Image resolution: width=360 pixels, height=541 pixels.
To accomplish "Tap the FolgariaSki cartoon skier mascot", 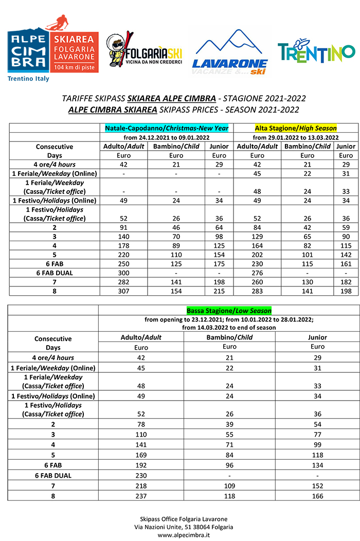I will point(118,50).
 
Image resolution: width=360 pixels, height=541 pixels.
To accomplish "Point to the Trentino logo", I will point(316,52).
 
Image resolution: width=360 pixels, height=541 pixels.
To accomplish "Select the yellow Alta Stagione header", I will point(295,128).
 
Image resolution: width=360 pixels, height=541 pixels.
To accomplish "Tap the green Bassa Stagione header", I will point(229,311).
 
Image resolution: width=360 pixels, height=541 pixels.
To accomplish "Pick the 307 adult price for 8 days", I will point(124,291).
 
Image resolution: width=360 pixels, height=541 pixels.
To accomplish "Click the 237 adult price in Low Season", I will point(141,496).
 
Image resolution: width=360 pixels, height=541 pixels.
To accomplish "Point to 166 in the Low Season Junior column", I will point(317,496).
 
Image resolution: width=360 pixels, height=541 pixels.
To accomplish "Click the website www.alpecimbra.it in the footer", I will point(180,535).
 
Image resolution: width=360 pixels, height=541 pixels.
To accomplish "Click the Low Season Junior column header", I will point(317,337).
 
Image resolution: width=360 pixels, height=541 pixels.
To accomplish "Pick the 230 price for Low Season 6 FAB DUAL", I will point(141,476).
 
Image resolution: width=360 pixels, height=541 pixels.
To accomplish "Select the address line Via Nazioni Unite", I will point(180,527).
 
